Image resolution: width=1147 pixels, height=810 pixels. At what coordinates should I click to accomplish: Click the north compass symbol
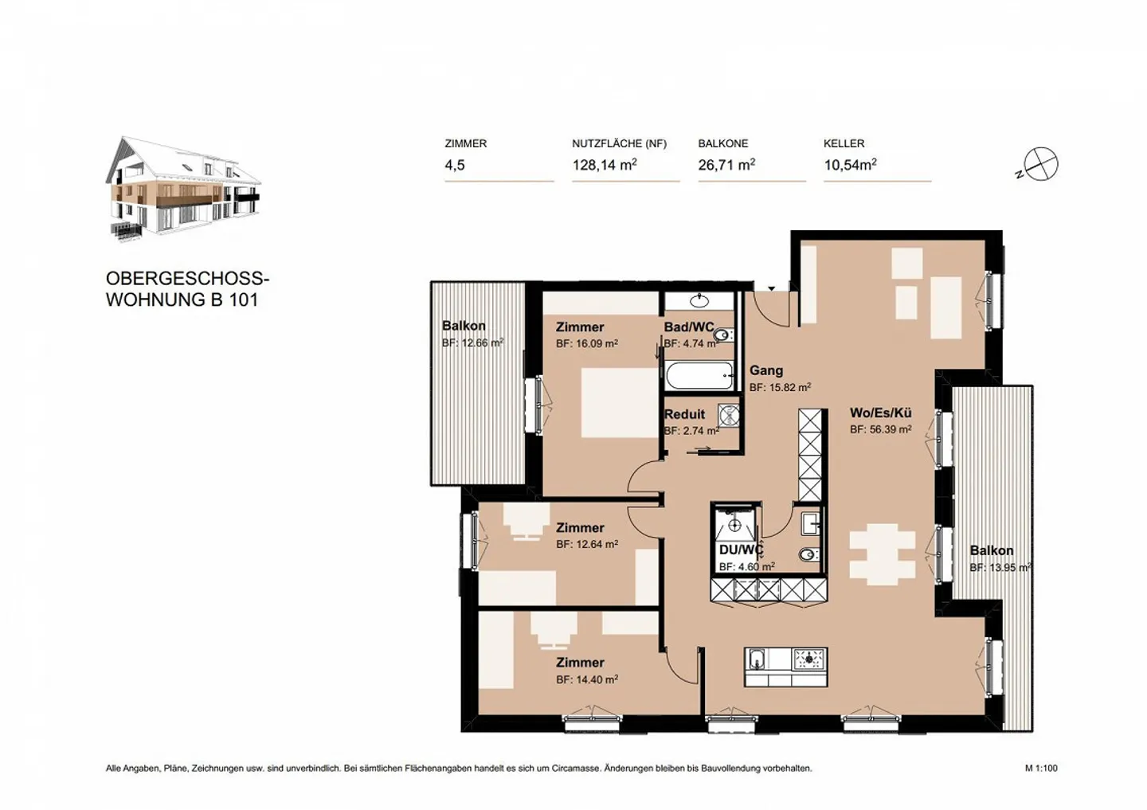(1040, 165)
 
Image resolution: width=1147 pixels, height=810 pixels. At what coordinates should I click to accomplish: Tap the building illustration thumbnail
(182, 189)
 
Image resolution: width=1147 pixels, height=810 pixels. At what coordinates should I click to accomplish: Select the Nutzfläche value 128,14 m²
(604, 165)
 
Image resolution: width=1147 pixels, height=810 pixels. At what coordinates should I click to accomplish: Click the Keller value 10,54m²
(850, 165)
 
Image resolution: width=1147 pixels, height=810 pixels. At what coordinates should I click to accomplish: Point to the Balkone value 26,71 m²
(726, 165)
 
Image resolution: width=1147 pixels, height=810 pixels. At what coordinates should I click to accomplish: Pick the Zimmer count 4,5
(455, 165)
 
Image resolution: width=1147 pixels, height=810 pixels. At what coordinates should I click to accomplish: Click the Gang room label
(765, 370)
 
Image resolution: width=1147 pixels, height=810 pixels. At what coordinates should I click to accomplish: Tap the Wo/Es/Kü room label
(880, 413)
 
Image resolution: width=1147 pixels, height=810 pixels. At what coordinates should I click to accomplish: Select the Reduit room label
(684, 414)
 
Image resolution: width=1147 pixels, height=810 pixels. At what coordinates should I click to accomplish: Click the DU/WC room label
(741, 550)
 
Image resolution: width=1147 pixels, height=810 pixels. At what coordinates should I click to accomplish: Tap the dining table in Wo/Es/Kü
(883, 552)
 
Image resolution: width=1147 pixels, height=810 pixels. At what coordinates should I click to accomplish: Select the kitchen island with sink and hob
(785, 667)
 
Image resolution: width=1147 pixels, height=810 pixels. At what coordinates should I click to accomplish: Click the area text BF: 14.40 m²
(587, 679)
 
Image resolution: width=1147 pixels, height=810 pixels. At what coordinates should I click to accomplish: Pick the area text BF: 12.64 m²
(587, 544)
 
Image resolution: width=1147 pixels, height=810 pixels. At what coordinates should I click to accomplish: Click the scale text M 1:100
(1041, 769)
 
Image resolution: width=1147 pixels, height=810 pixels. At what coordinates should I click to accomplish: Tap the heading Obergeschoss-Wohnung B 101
(187, 289)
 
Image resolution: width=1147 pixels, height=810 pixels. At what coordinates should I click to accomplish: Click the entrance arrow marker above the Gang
(771, 288)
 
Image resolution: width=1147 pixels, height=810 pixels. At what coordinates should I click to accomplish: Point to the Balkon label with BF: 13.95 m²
(991, 550)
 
